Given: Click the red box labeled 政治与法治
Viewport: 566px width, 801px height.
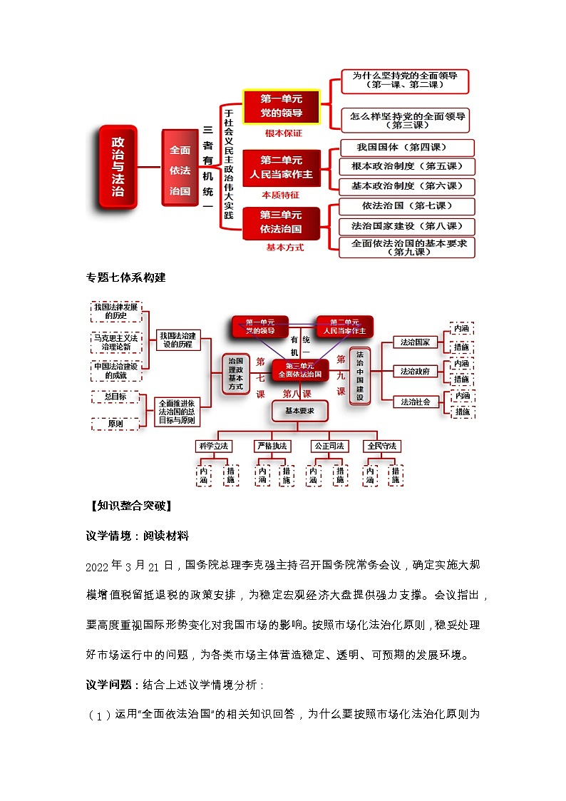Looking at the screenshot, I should pos(118,167).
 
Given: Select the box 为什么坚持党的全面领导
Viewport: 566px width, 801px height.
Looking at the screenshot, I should pos(405,80).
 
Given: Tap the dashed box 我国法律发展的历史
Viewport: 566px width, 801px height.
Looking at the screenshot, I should pos(115,311).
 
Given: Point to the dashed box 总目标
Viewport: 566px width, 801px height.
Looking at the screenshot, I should pos(115,397).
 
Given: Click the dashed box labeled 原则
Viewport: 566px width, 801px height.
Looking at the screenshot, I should pos(115,424).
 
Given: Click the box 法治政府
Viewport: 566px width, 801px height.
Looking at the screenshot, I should pos(414,371).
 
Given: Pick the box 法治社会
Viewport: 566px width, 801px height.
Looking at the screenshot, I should pos(414,402).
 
